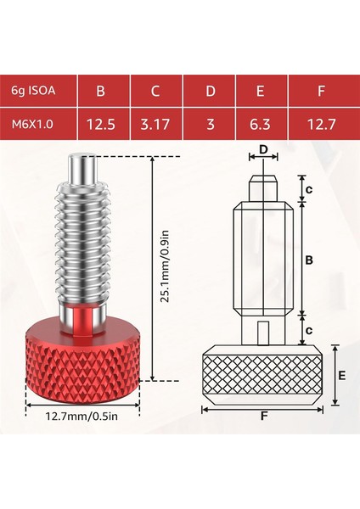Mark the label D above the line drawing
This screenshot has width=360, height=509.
tap(263, 151)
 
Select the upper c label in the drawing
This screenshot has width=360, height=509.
tap(310, 188)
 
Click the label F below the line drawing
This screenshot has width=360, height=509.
tap(264, 417)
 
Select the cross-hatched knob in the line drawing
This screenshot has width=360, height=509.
tap(263, 373)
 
